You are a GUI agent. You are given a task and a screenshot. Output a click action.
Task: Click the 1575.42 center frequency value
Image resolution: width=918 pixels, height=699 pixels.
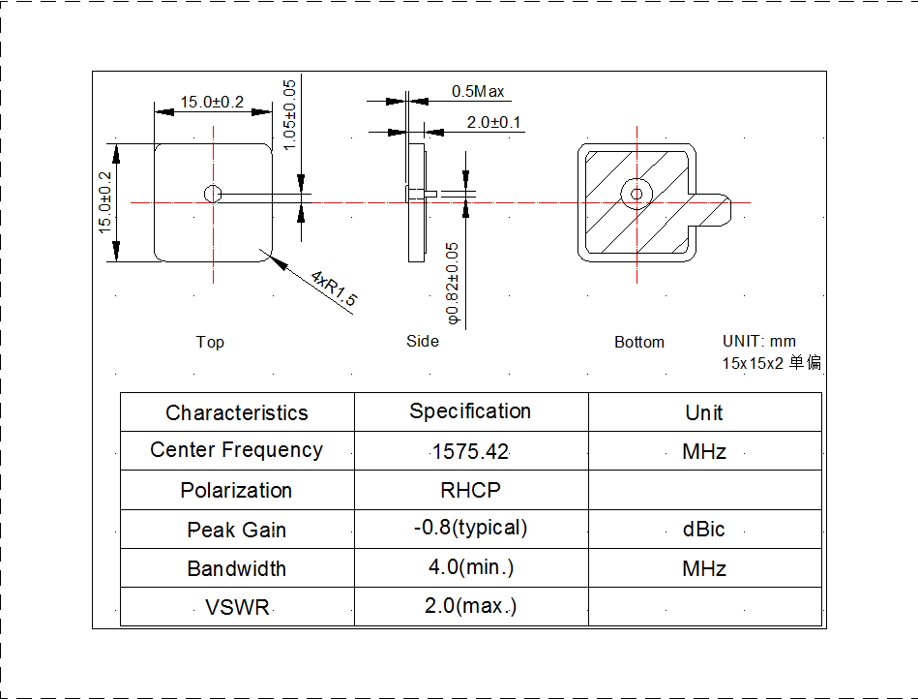tap(470, 452)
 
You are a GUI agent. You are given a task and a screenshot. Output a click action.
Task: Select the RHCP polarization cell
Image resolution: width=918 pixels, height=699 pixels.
tap(470, 491)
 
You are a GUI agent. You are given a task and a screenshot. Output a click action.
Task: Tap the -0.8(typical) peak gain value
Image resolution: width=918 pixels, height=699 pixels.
tap(470, 529)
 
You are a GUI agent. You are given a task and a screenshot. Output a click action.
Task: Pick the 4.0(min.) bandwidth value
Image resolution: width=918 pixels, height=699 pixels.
tap(470, 568)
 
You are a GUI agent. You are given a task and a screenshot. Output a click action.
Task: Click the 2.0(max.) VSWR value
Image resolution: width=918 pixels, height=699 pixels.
tap(470, 607)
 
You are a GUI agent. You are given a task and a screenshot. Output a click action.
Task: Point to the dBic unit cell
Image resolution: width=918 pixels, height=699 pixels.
tap(703, 530)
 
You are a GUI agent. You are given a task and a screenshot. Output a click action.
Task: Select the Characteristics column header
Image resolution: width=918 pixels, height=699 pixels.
tap(237, 413)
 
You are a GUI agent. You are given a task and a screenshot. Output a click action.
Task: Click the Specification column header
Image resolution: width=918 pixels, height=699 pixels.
tap(470, 411)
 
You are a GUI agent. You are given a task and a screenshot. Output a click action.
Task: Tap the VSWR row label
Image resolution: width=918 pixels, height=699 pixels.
tap(237, 608)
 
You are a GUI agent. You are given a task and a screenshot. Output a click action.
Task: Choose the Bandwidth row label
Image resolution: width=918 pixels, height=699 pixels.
tap(237, 569)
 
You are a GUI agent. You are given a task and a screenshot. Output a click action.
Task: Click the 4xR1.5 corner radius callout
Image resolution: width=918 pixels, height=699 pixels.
tap(334, 289)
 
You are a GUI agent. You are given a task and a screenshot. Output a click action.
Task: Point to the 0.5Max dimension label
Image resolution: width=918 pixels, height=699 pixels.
tap(478, 92)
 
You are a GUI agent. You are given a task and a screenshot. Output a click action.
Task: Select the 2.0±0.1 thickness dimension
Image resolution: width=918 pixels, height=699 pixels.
tap(493, 122)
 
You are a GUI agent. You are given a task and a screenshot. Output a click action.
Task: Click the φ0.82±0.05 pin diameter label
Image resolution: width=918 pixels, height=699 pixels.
tap(452, 282)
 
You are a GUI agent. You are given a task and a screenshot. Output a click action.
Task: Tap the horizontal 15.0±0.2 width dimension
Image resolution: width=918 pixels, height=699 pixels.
tap(212, 102)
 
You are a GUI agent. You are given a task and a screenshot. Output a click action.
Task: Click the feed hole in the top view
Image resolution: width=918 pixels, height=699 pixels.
tap(212, 194)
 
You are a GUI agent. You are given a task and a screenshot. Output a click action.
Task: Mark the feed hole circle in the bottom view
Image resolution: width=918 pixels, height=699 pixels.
tap(637, 193)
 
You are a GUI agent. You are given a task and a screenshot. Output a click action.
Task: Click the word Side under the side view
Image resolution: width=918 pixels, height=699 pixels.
tap(423, 341)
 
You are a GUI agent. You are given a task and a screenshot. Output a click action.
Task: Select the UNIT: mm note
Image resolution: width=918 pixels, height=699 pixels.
tap(759, 341)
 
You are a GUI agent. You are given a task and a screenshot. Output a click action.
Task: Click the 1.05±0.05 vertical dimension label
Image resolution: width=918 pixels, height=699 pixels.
tap(290, 113)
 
